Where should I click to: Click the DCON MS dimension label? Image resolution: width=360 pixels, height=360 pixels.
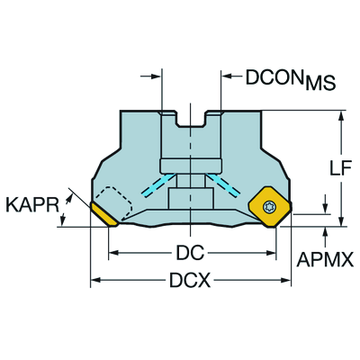click(x=291, y=80)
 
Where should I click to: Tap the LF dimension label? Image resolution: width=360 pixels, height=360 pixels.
click(x=340, y=169)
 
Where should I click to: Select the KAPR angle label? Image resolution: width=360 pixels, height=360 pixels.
click(x=32, y=205)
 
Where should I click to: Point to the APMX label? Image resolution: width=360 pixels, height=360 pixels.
click(x=325, y=259)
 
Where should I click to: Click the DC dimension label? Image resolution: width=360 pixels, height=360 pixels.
click(x=190, y=253)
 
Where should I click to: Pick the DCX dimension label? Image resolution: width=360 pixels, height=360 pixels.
click(x=190, y=281)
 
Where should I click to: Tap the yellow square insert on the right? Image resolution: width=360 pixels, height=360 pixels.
click(x=270, y=207)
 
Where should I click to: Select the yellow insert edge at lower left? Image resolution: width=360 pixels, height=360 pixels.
click(x=104, y=214)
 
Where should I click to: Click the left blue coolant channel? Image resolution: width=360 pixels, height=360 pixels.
click(x=159, y=185)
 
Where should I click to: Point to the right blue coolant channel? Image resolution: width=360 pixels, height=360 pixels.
click(x=223, y=185)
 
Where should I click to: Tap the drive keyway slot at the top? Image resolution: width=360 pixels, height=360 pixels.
click(x=191, y=119)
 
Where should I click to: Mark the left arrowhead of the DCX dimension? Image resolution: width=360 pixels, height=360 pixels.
click(x=95, y=280)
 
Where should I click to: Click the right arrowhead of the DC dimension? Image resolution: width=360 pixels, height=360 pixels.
click(x=271, y=253)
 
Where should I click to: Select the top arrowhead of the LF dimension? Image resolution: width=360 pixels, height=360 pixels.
click(x=340, y=116)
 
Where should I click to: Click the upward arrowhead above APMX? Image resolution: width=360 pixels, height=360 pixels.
click(x=325, y=232)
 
